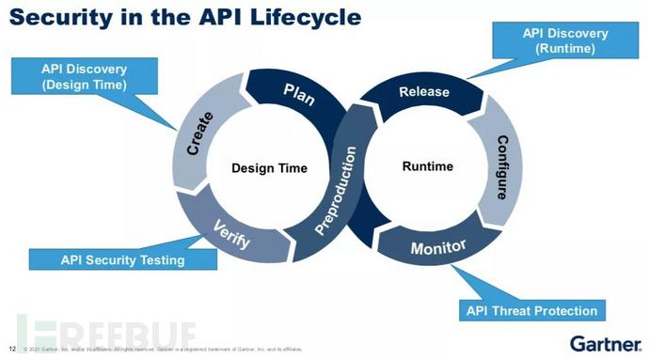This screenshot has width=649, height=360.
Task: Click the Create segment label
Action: [x=201, y=134]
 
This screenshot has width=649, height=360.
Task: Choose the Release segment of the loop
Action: [x=424, y=92]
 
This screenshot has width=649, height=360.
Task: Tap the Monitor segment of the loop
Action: [x=438, y=249]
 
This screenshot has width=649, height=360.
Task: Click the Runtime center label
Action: [x=427, y=166]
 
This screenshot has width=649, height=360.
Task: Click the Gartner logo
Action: [x=604, y=342]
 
